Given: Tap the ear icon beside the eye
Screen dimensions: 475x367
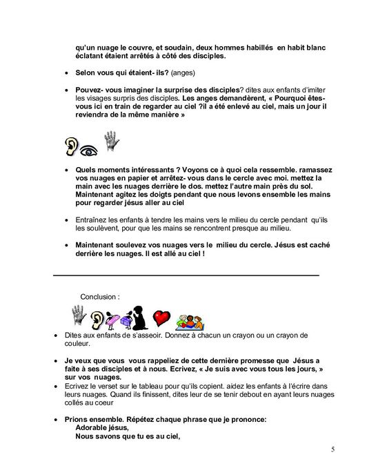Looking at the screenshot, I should click(x=72, y=146).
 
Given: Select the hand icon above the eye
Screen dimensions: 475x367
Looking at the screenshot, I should click(x=108, y=139).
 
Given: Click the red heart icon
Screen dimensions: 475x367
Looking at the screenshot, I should click(x=161, y=318).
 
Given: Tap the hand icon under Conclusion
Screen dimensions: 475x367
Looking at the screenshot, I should click(x=80, y=316).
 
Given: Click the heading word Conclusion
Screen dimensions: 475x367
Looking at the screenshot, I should click(x=99, y=295).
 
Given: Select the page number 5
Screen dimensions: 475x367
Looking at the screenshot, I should click(x=333, y=450).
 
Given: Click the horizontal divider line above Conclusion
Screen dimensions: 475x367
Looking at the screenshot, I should click(x=186, y=275).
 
